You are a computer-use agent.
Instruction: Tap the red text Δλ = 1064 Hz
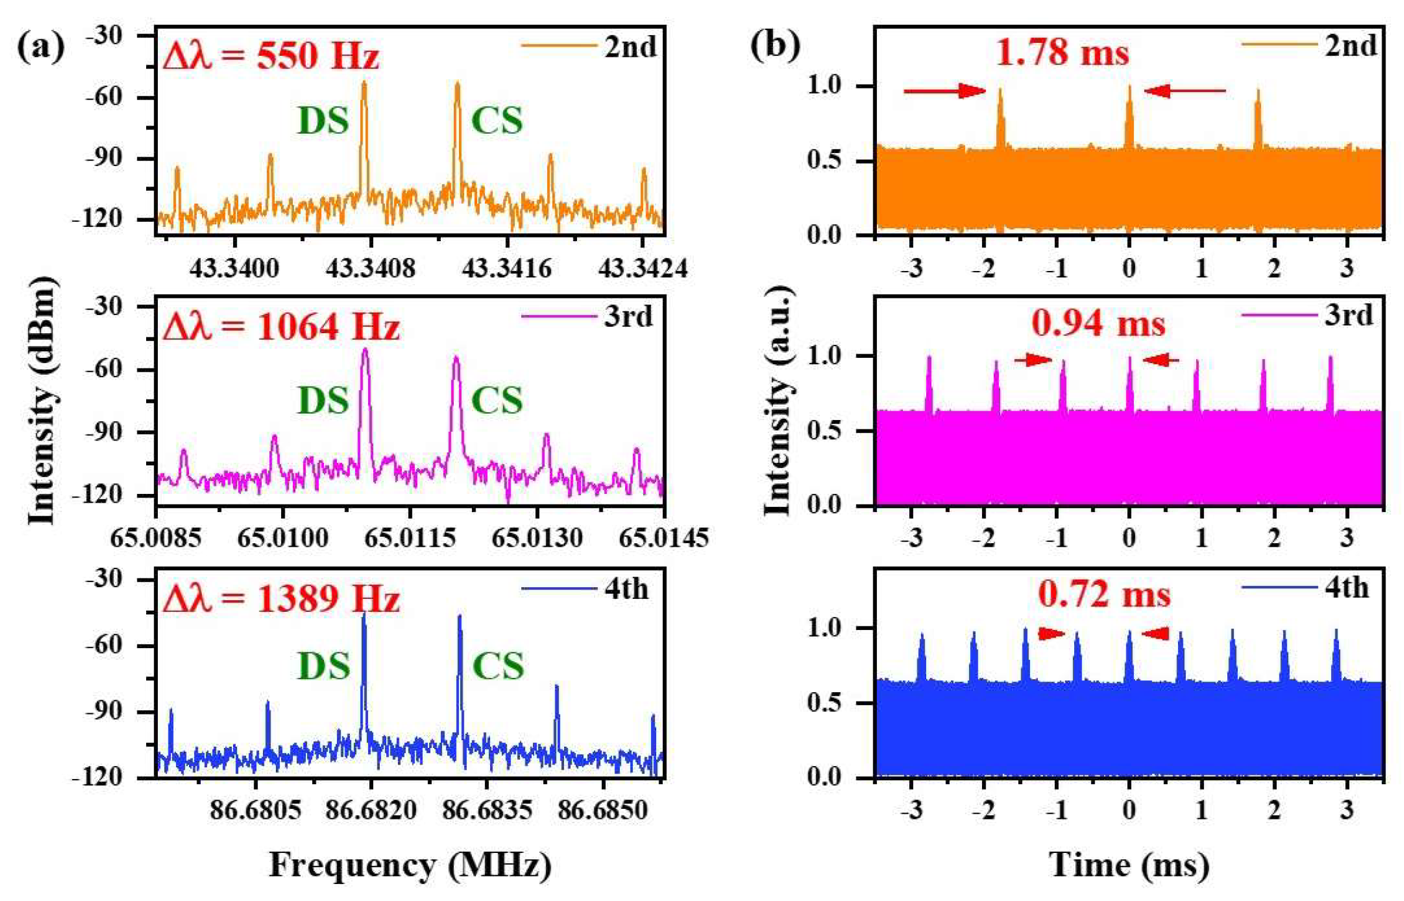click(x=281, y=327)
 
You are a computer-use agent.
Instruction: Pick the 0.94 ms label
click(x=1098, y=324)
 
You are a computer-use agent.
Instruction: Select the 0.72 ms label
click(x=1104, y=595)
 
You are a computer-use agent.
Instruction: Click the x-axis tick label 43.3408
click(x=370, y=269)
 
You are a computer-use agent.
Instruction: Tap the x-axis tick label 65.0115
click(x=410, y=538)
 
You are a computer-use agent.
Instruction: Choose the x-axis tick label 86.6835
click(x=487, y=811)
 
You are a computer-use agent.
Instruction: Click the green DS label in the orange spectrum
click(x=323, y=121)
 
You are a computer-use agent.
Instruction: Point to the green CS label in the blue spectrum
click(x=498, y=666)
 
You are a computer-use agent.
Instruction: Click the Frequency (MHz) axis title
click(x=410, y=865)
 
